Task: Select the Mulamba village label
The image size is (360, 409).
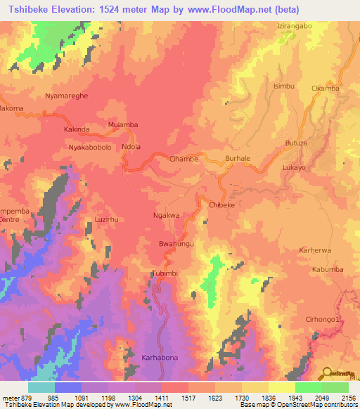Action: (x=122, y=124)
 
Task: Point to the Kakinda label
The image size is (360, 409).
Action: (x=77, y=130)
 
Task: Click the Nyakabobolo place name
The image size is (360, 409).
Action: (x=90, y=147)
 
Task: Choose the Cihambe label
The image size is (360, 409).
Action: (x=184, y=159)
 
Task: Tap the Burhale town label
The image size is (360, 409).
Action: (x=238, y=159)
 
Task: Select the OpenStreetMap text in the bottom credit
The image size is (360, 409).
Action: (x=306, y=405)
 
